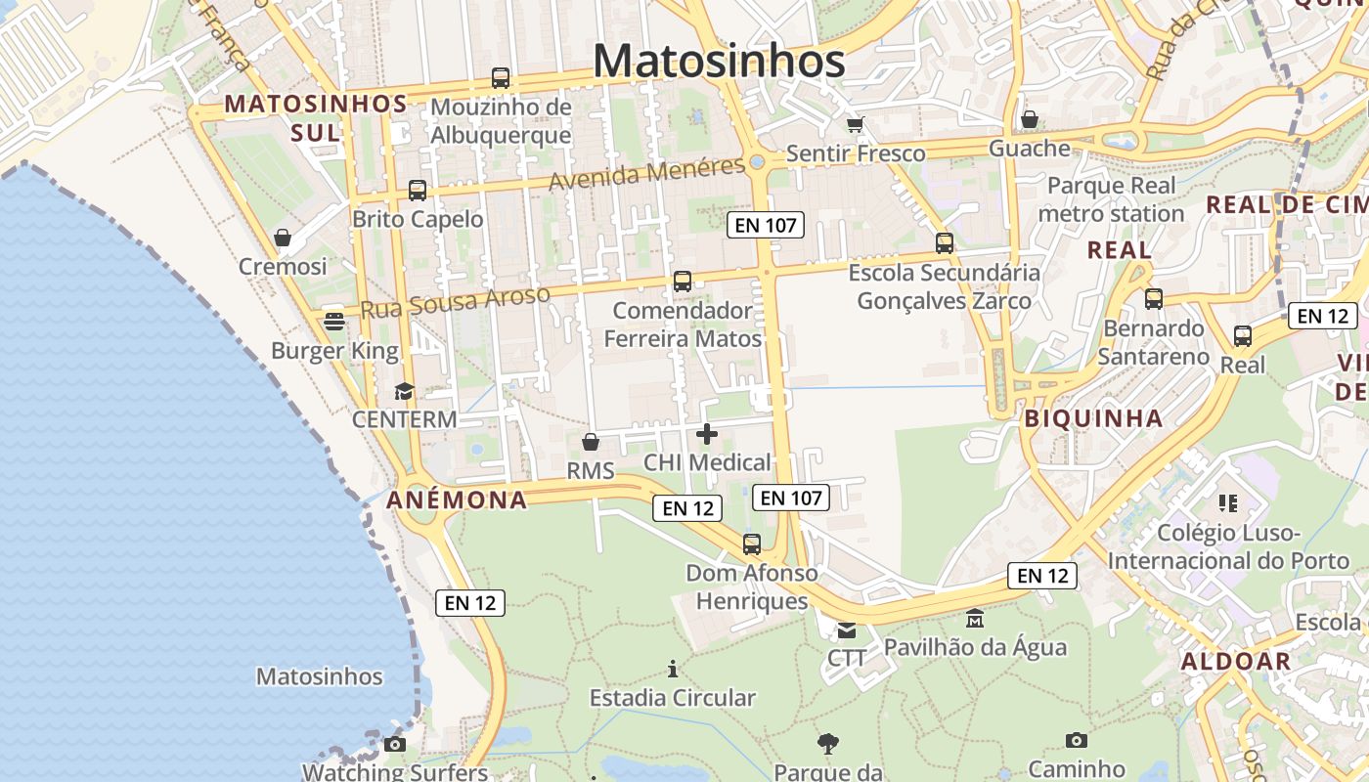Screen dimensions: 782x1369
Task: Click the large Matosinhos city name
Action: (x=719, y=61)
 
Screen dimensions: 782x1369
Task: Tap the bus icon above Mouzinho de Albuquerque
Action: (x=501, y=78)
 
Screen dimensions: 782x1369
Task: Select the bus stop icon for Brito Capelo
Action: (x=418, y=191)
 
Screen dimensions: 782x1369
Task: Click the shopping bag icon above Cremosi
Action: (x=283, y=238)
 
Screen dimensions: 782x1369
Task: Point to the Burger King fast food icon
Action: (x=334, y=322)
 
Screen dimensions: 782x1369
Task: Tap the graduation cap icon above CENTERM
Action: (x=404, y=392)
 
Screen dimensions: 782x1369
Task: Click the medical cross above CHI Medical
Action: (x=707, y=434)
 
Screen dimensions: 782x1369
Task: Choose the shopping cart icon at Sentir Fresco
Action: (x=856, y=124)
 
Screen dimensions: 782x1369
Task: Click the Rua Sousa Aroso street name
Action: (x=455, y=302)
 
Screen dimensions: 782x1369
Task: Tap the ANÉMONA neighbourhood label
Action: (x=457, y=500)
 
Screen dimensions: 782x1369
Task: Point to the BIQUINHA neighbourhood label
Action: (x=1093, y=418)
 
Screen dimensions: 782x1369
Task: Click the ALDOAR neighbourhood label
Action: (x=1236, y=661)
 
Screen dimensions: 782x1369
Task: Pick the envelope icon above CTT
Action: (x=846, y=630)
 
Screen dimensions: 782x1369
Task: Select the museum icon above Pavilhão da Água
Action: (x=975, y=619)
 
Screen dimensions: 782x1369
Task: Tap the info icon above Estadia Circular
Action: (x=673, y=670)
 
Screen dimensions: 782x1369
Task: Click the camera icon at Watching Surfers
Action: (x=395, y=745)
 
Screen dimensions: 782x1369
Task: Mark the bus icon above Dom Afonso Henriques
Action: (x=751, y=544)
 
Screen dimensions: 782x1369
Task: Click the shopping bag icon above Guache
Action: (x=1030, y=120)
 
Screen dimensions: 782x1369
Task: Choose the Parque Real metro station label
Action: (x=1112, y=199)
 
